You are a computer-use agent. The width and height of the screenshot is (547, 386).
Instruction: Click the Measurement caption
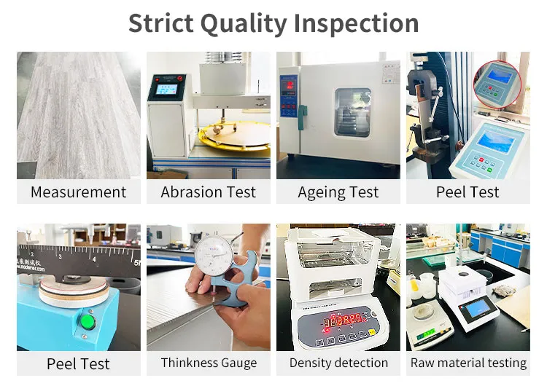pyautogui.click(x=78, y=192)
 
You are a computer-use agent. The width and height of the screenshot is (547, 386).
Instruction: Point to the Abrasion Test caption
pyautogui.click(x=209, y=192)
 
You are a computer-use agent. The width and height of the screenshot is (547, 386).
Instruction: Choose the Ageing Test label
pyautogui.click(x=338, y=192)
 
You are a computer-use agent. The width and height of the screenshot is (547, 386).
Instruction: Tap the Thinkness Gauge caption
pyautogui.click(x=209, y=363)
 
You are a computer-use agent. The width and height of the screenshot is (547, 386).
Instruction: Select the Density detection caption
pyautogui.click(x=338, y=363)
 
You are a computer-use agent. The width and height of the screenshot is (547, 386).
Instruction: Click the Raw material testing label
pyautogui.click(x=468, y=363)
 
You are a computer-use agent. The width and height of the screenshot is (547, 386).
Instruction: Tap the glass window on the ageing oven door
pyautogui.click(x=352, y=113)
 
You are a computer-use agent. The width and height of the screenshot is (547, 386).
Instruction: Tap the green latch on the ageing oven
pyautogui.click(x=301, y=114)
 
